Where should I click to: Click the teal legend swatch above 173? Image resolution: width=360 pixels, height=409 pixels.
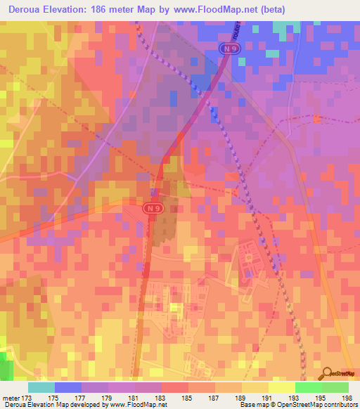click(41, 387)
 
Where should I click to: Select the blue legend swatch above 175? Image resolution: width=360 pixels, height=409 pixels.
click(67, 387)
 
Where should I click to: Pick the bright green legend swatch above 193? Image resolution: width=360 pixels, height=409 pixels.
click(308, 387)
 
